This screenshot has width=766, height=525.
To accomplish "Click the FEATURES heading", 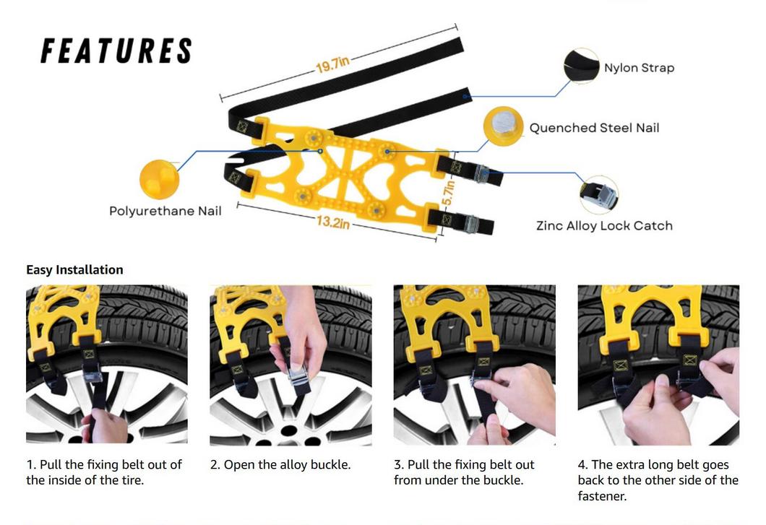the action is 116,51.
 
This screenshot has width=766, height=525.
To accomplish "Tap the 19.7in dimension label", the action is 332,64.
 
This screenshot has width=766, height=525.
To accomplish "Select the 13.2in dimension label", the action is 332,222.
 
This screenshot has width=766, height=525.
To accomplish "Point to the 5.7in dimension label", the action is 449,193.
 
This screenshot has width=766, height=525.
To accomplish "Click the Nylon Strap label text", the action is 639,67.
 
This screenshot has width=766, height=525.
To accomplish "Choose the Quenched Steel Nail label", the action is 594,128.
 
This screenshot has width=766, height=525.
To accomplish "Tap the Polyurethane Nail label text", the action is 165,211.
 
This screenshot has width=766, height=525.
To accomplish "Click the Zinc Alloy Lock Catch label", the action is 604,225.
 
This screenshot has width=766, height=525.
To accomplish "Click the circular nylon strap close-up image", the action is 581,66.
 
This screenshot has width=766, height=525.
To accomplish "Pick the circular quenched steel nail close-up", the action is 503,126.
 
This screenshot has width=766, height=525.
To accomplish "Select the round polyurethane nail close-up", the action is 159,180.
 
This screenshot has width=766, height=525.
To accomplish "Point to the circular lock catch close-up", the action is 599,194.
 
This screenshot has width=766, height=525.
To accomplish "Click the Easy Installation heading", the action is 74,269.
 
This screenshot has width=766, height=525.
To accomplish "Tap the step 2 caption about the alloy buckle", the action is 280,464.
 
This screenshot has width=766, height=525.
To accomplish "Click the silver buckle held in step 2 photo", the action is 297,376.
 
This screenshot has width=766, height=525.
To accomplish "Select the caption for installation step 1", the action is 104,472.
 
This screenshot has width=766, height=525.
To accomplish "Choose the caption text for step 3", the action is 464,472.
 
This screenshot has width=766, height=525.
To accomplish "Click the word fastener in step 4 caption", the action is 602,496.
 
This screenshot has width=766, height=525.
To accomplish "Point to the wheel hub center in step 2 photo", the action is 289,432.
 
